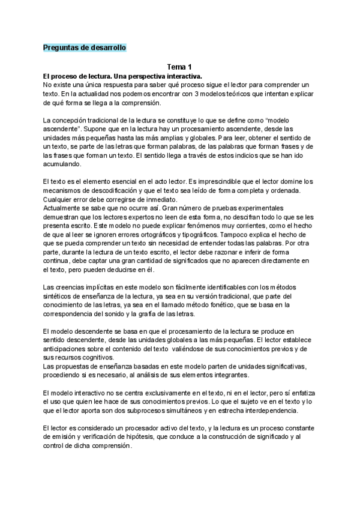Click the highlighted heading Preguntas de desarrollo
coord(85,47)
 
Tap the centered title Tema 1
coord(179,68)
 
